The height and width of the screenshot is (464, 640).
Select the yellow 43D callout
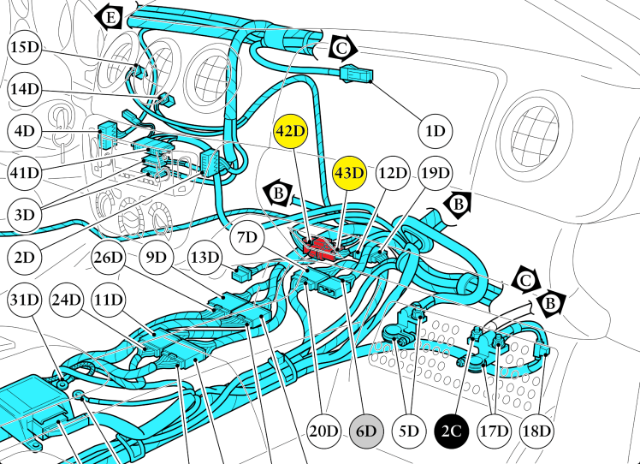[x=349, y=172]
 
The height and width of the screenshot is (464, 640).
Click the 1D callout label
[x=436, y=131]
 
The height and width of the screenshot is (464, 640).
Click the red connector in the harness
[x=323, y=247]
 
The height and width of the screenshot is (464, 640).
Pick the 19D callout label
[x=436, y=172]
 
